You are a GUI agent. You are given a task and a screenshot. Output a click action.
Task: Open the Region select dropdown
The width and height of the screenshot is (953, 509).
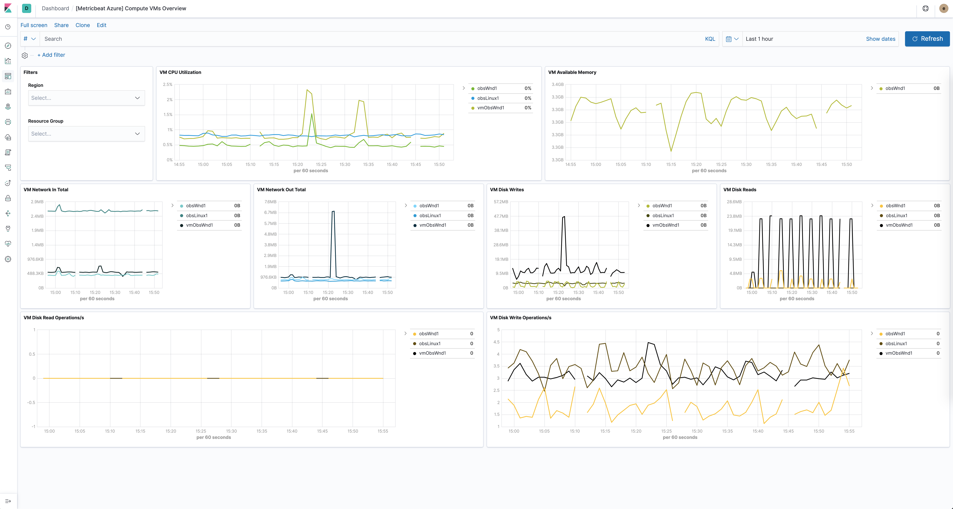click(x=86, y=98)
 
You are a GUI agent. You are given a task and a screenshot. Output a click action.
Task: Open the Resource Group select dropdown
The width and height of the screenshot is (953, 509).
click(x=86, y=134)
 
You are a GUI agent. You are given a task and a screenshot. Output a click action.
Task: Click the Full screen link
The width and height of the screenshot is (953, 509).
click(x=34, y=25)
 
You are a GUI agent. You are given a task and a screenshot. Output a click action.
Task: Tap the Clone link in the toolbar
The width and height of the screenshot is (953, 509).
click(x=82, y=25)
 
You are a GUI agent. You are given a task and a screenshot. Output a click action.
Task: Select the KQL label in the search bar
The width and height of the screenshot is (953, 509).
click(x=710, y=39)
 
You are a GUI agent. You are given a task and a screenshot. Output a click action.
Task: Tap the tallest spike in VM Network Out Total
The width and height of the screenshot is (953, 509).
click(x=333, y=212)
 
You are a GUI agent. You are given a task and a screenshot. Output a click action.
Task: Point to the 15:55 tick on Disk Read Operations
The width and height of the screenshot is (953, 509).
click(x=382, y=431)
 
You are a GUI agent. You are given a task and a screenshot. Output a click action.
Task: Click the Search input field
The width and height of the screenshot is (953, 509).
click(x=370, y=39)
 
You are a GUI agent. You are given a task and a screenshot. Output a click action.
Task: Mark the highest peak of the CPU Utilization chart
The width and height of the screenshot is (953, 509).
click(x=307, y=90)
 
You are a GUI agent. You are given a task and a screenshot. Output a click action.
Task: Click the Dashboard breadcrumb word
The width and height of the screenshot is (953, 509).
click(x=55, y=9)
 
